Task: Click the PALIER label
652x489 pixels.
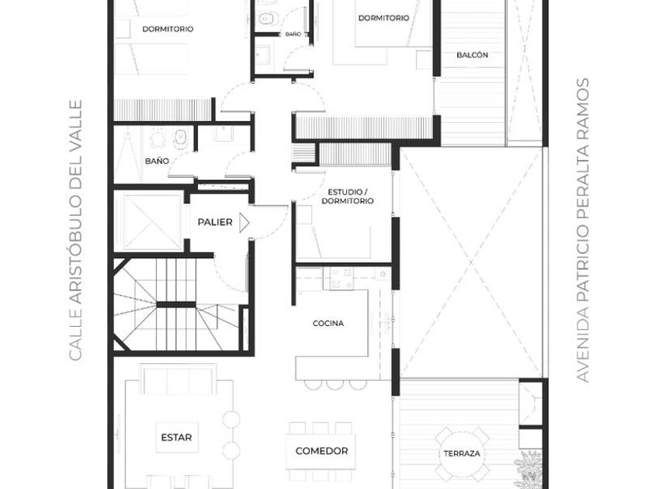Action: coord(215,222)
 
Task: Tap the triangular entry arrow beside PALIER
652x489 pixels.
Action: coord(244,223)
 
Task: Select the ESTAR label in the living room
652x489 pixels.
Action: coord(176,438)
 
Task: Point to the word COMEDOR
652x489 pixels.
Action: coord(321,451)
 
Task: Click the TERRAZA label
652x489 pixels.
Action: coord(462,453)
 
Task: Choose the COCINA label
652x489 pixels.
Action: coord(328,323)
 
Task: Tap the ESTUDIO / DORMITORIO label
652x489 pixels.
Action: coord(348,196)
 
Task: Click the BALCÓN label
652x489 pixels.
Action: coord(473,55)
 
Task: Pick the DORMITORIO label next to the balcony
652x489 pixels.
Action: coord(383,18)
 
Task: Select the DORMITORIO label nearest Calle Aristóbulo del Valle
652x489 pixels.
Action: coord(168,29)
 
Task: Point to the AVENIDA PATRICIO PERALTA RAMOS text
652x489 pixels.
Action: coord(584,231)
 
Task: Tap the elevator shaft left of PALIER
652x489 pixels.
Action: coord(149,222)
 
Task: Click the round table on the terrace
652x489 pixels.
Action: coord(462,453)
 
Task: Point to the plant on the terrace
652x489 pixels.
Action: coord(528,469)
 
